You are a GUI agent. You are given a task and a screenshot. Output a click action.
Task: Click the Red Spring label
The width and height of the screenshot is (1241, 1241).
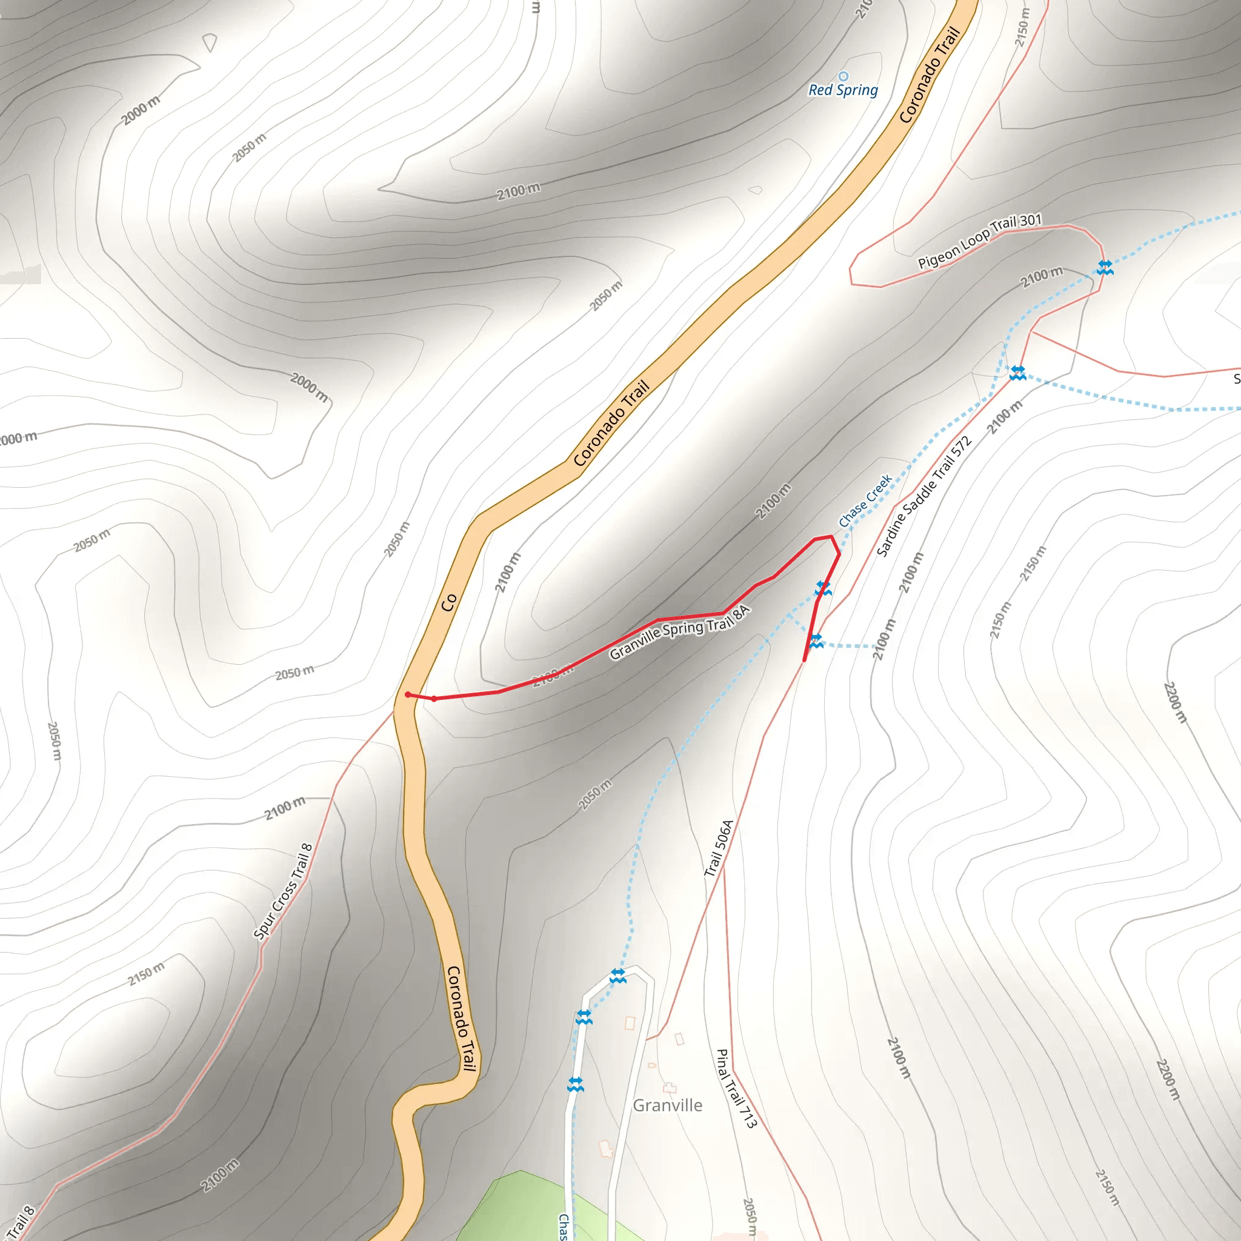pos(843,90)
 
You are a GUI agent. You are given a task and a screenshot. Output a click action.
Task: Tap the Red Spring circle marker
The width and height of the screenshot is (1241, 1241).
pos(843,76)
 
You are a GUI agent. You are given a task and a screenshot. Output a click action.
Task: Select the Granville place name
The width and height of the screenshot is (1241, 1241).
pos(667,1105)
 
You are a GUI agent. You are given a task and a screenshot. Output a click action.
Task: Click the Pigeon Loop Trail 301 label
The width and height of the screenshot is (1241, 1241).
pos(979,241)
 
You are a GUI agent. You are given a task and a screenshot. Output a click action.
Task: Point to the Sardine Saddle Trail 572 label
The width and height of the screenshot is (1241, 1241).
pos(923,496)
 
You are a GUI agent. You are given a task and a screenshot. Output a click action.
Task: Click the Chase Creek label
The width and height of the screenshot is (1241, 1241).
pos(865,501)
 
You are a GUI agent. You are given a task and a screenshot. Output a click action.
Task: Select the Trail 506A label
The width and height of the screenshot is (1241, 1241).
pos(719,848)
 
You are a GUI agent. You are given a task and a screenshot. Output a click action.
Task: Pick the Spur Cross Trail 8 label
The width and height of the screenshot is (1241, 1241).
pos(282,891)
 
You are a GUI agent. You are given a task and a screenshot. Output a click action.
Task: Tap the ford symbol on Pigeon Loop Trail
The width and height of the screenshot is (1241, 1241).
pos(1104,267)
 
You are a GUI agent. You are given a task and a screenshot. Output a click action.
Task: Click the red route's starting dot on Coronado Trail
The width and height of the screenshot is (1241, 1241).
pos(408,694)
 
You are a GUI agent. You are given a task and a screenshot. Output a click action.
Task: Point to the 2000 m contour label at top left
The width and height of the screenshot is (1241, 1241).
pos(141,110)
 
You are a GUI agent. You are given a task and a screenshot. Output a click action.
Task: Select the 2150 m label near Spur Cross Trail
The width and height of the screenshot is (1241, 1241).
pos(146,974)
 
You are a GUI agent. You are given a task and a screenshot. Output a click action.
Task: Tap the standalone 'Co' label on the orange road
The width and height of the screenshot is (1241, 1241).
pos(448,602)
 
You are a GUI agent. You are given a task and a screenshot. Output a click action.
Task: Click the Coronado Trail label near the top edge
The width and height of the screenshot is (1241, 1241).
pos(930,75)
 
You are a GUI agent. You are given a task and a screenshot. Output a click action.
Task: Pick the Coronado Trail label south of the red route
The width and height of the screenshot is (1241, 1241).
pos(462,1019)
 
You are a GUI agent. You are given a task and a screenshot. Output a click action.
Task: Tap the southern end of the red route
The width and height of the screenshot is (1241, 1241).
pos(804,660)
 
